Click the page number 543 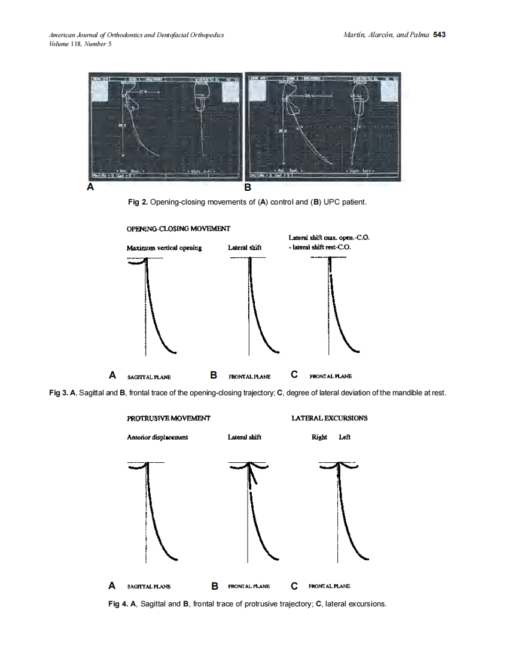click(x=439, y=35)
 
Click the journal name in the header click(x=136, y=35)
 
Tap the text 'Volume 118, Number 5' click(x=80, y=44)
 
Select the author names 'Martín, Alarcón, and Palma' click(x=386, y=35)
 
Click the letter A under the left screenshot click(x=91, y=187)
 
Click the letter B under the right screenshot click(x=248, y=187)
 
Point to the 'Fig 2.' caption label click(x=138, y=202)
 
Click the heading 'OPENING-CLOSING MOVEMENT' click(x=178, y=228)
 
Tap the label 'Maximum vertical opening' click(x=164, y=248)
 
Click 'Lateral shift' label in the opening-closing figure click(x=245, y=248)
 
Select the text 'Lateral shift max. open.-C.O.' click(x=329, y=237)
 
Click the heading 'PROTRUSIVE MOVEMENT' click(x=168, y=418)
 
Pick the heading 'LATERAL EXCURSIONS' click(x=329, y=418)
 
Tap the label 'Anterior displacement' click(x=157, y=437)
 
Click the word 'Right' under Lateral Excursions click(x=319, y=437)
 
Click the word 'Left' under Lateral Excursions click(x=345, y=437)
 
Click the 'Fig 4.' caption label click(x=117, y=604)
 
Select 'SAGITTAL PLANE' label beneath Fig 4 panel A click(x=149, y=586)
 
